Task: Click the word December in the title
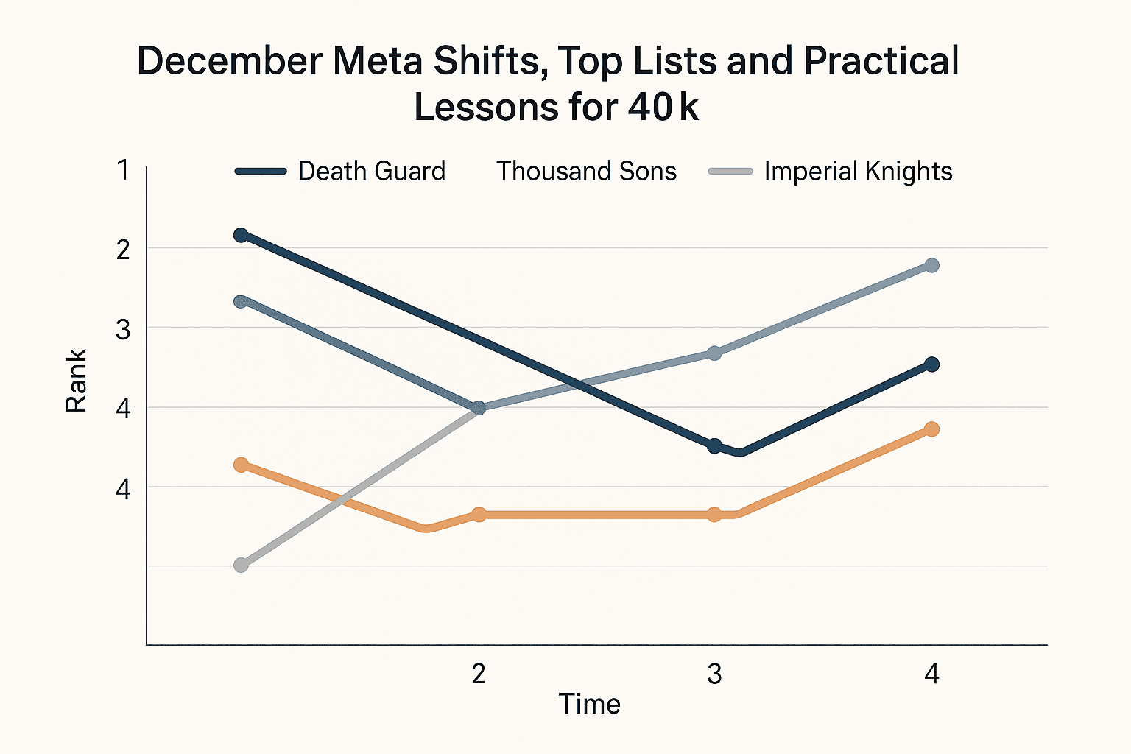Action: tap(230, 62)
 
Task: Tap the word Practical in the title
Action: tap(881, 62)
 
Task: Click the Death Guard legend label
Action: tap(372, 172)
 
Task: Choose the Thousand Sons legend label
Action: tap(586, 172)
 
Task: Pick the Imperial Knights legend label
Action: tap(858, 172)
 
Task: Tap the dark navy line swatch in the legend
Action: tap(261, 172)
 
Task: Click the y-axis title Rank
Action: tap(77, 381)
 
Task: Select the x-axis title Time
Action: tap(589, 705)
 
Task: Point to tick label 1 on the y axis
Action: tap(123, 171)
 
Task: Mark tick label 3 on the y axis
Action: tap(123, 330)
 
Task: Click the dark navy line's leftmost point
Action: tap(241, 235)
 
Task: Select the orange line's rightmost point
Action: tap(931, 429)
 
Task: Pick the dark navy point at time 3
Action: tap(714, 446)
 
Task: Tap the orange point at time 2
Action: tap(479, 514)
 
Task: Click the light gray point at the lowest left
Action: tap(241, 565)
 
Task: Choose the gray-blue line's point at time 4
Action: tap(931, 265)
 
